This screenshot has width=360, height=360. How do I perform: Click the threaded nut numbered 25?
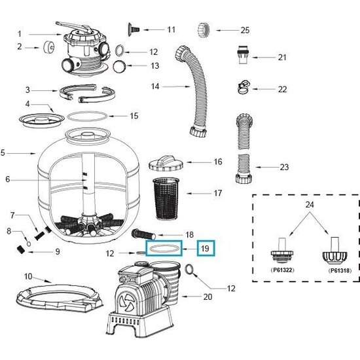coord(203,29)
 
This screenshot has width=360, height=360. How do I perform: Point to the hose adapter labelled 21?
coord(243,57)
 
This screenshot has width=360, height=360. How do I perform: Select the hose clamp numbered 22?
coord(241,86)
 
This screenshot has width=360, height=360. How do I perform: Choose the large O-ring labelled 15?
coord(88,116)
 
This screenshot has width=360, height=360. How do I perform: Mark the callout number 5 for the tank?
coord(4,153)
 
